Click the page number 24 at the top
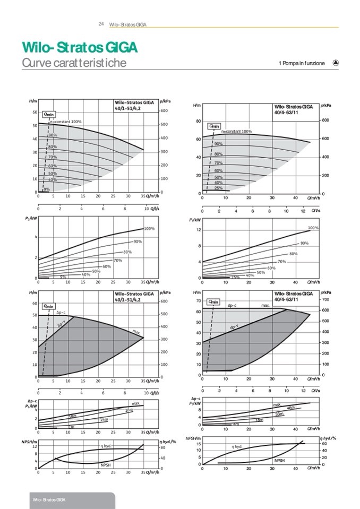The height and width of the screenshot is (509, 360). click(x=101, y=24)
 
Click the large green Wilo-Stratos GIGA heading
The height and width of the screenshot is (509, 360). click(x=80, y=47)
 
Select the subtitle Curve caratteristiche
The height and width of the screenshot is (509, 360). click(x=74, y=63)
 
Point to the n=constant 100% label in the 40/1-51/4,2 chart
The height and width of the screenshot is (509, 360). click(x=66, y=122)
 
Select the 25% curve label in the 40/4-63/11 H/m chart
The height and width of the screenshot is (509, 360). click(x=218, y=188)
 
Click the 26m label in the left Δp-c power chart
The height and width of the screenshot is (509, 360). click(x=128, y=410)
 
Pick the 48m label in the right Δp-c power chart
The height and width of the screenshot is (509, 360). click(x=290, y=408)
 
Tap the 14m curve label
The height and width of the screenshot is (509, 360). click(x=104, y=420)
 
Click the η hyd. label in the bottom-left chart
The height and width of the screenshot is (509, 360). click(x=105, y=446)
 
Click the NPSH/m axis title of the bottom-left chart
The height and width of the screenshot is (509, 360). click(x=29, y=441)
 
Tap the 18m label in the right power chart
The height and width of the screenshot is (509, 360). click(x=259, y=420)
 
